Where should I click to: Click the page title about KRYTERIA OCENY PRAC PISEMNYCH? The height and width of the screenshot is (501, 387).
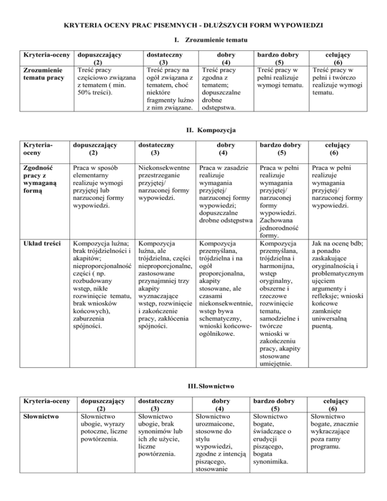pos(193,24)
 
